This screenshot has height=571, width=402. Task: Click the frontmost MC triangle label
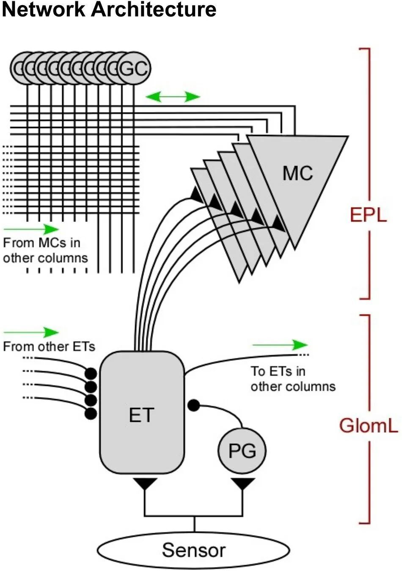pyautogui.click(x=297, y=173)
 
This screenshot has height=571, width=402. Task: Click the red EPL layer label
pyautogui.click(x=368, y=215)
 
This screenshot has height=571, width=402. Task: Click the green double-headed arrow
pyautogui.click(x=173, y=97)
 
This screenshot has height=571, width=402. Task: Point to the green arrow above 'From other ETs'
pyautogui.click(x=31, y=332)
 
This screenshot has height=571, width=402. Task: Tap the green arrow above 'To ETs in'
pyautogui.click(x=280, y=345)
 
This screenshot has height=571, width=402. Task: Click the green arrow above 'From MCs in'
pyautogui.click(x=31, y=229)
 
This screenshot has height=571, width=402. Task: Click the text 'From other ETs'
pyautogui.click(x=49, y=347)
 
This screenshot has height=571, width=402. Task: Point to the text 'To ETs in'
pyautogui.click(x=278, y=371)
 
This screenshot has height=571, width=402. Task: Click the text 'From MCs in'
pyautogui.click(x=41, y=243)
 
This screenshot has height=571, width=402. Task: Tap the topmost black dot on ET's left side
pyautogui.click(x=91, y=374)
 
